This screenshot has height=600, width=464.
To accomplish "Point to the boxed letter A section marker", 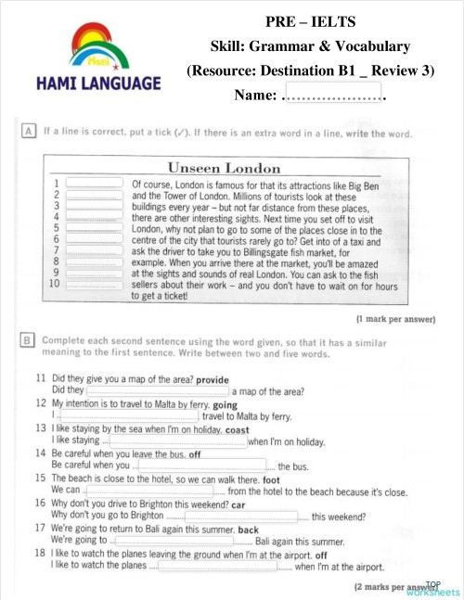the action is pos(31,133).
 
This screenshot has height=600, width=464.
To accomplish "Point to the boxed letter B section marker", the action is pos(31,340).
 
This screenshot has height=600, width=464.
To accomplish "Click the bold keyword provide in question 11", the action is pos(212,379).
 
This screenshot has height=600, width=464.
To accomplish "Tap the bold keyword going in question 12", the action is pos(225,404).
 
